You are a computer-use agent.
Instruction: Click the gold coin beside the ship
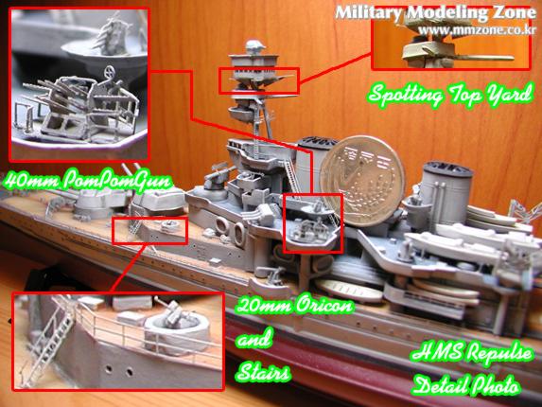[361, 181]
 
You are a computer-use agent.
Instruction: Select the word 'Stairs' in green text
[263, 372]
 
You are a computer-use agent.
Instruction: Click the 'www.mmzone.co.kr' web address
[478, 30]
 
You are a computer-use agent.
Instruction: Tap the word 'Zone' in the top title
[514, 13]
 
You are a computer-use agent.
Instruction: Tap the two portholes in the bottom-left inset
[119, 370]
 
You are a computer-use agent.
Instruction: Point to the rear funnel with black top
[446, 191]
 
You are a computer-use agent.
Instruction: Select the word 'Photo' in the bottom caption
[495, 385]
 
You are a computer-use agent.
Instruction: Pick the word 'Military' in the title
[369, 13]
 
